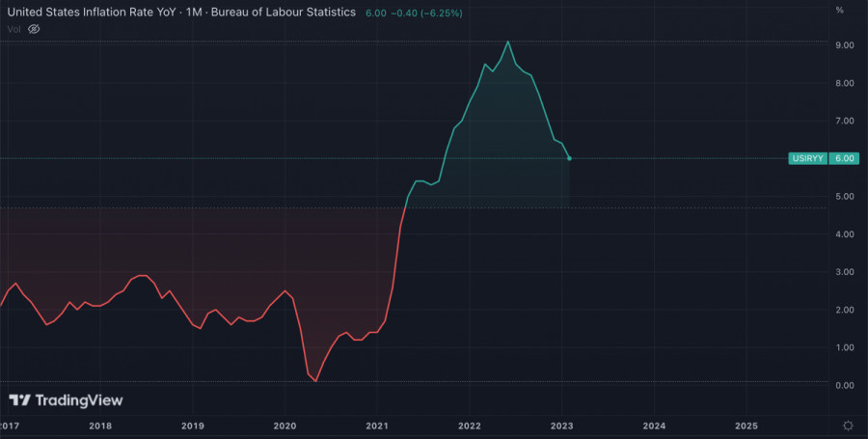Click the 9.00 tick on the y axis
click(x=845, y=45)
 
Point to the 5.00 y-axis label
click(x=845, y=197)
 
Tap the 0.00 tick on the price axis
click(x=845, y=385)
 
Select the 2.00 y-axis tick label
click(x=845, y=310)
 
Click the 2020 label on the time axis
click(x=285, y=425)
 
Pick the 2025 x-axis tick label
click(x=746, y=425)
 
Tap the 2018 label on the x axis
click(x=100, y=425)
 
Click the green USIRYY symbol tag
click(x=806, y=158)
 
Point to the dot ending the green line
click(x=569, y=158)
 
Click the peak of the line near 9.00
click(x=508, y=41)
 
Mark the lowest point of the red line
click(x=316, y=381)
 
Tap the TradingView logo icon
click(x=20, y=400)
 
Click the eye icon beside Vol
click(x=34, y=29)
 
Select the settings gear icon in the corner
click(x=847, y=425)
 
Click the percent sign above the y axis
click(x=840, y=10)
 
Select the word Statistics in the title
click(x=323, y=12)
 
